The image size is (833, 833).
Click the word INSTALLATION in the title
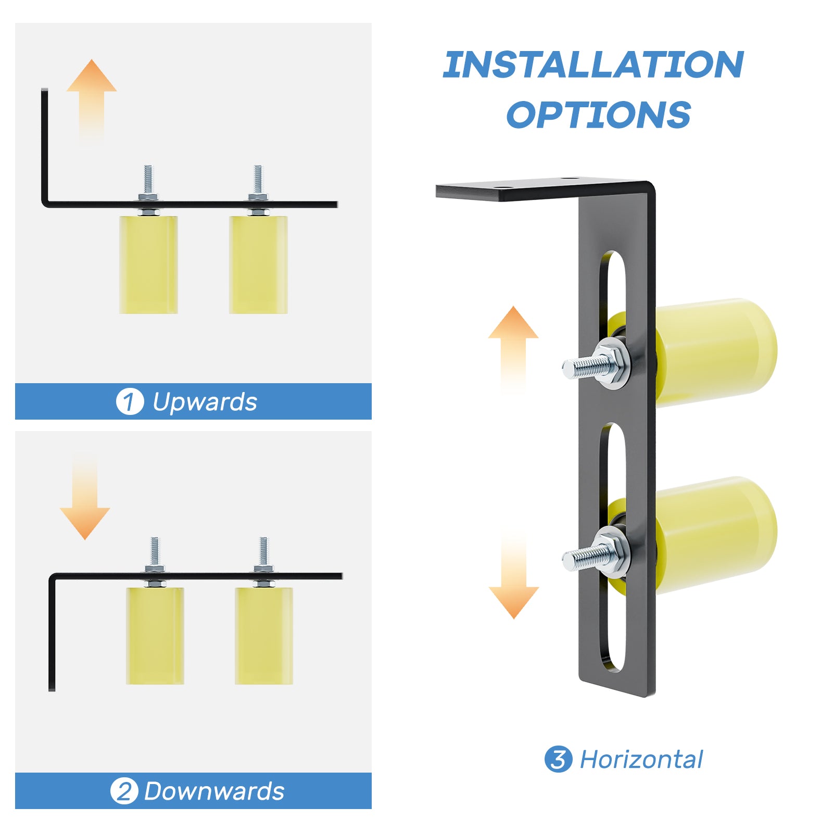coord(594,65)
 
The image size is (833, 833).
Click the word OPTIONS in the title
coord(599,115)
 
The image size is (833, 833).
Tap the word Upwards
coord(205,402)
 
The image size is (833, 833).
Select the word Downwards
coord(214,791)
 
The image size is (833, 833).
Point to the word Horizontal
coord(641,760)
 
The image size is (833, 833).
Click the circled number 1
coord(130,402)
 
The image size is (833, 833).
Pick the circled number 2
coord(124,791)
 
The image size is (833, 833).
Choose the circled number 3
coord(558,759)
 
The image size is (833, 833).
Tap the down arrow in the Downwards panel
coord(85,497)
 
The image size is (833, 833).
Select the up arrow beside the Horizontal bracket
coord(513,349)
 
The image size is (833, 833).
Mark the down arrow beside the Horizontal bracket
coord(514,573)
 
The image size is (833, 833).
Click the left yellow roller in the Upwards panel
coord(148,264)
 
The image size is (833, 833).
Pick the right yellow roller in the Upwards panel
coord(258,264)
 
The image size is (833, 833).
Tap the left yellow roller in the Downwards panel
coord(155,636)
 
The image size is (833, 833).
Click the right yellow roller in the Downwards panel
coord(264,636)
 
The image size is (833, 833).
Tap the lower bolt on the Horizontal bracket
coord(596,551)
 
